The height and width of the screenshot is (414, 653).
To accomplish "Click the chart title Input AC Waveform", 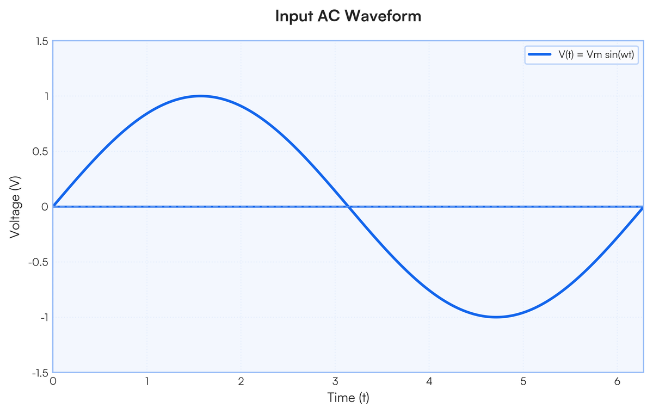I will (x=348, y=16).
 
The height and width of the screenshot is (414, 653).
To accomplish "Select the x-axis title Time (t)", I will (x=348, y=398).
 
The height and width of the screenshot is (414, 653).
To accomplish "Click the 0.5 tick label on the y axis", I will (x=41, y=151).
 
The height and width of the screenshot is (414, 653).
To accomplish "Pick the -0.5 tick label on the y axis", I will (x=40, y=262).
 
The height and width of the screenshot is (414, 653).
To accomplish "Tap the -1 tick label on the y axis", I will (x=43, y=317).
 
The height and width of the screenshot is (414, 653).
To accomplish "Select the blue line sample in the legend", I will (x=540, y=55).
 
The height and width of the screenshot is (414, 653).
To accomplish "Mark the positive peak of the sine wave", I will (x=201, y=96).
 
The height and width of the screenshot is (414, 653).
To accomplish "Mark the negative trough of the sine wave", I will (x=496, y=317).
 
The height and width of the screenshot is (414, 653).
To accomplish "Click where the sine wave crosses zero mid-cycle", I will (x=348, y=207).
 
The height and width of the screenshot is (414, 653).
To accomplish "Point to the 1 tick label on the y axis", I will (x=45, y=96).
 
